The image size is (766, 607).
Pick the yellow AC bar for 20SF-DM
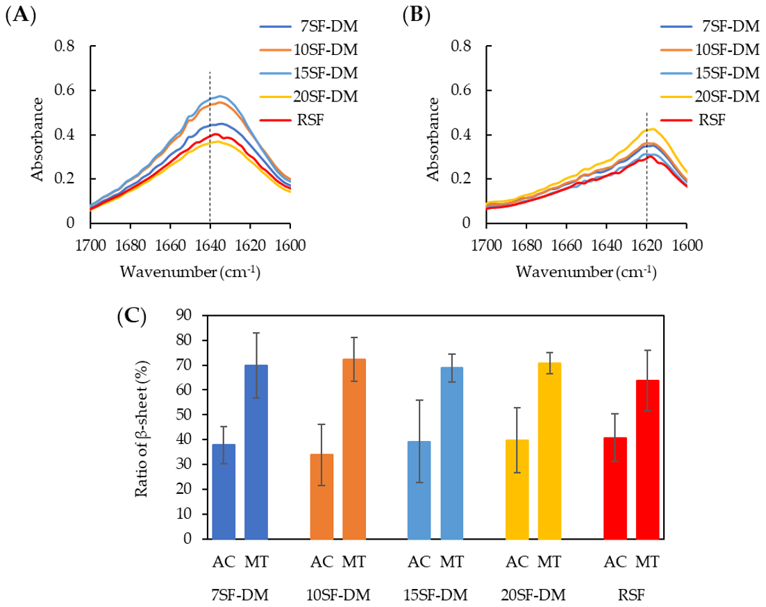point(517,489)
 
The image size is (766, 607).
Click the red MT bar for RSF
point(647,459)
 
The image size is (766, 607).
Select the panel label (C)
point(131,317)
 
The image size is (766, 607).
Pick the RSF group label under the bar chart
point(631,595)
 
